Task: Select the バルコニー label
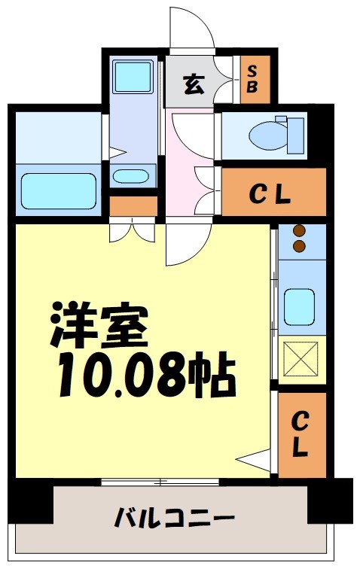pos(174,518)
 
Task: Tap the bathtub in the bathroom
pos(57,190)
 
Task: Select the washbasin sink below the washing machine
pos(130,177)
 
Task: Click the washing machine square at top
pos(133,75)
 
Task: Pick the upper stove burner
pos(299,232)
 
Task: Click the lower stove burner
pos(299,246)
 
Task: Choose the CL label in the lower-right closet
pos(300,435)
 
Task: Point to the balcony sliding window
pos(160,480)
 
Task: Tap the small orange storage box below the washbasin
pos(133,205)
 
